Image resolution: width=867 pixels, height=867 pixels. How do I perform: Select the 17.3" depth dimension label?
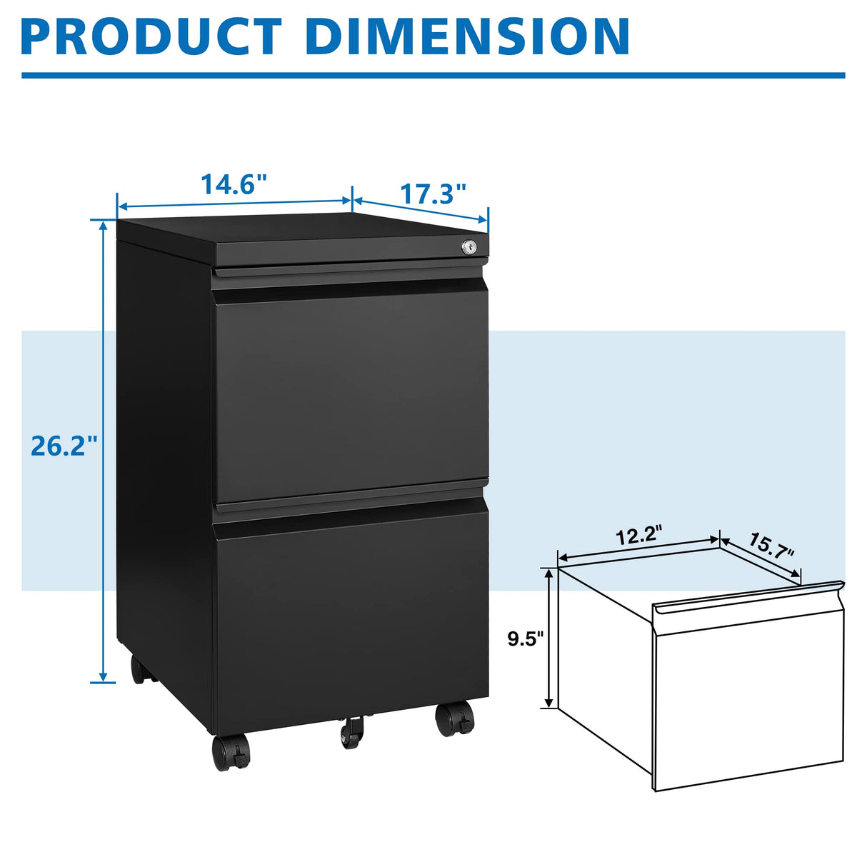click(x=432, y=193)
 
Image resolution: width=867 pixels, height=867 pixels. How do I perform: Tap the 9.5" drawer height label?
click(x=526, y=638)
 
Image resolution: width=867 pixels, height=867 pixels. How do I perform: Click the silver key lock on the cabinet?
click(x=469, y=246)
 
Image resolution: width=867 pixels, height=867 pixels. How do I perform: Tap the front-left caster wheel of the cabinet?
click(x=231, y=752)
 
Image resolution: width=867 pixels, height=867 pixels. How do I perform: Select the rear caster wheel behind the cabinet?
click(x=141, y=669)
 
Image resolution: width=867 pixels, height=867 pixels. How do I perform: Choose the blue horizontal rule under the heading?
click(x=433, y=75)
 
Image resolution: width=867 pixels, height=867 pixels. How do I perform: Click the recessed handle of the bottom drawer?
click(x=350, y=508)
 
